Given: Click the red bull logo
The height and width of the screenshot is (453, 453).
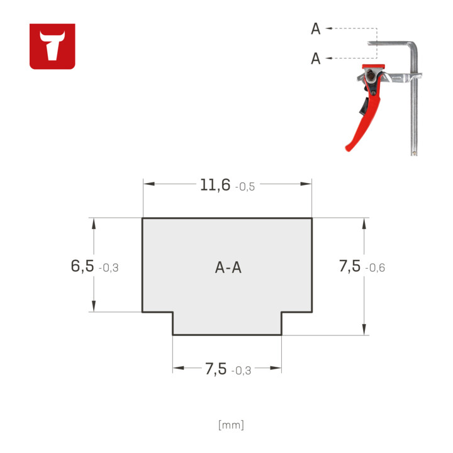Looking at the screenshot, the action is [x=52, y=46].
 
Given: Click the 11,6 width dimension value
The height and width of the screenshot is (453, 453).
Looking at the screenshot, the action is [x=215, y=185].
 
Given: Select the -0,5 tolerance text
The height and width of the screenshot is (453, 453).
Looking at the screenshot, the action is [x=245, y=187].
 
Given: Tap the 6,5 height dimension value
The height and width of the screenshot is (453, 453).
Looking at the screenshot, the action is [x=82, y=266].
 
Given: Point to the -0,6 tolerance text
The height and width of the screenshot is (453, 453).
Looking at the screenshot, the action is [x=375, y=268].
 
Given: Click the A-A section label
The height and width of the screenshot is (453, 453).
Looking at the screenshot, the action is [x=228, y=267].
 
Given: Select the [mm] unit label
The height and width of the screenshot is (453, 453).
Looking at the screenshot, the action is [x=231, y=425].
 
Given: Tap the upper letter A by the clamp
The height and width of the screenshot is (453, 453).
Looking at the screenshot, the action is [x=316, y=29].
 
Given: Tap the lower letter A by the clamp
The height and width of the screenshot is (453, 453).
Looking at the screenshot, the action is [x=316, y=59].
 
